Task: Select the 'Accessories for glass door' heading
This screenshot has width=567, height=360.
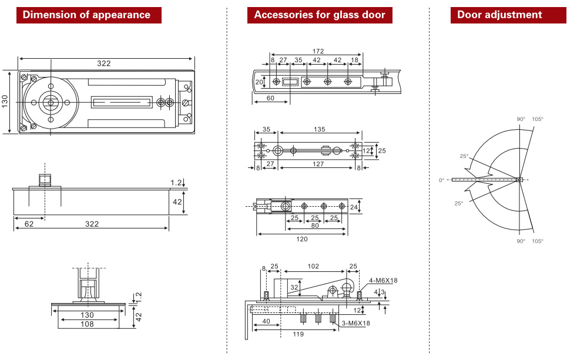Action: [320, 15]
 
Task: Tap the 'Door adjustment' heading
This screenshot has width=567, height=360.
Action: [499, 15]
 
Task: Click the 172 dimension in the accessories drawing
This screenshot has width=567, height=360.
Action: [318, 52]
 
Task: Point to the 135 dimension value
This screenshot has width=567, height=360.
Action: [320, 129]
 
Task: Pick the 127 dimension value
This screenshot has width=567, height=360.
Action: [318, 164]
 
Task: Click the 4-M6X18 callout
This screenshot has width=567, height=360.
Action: [384, 280]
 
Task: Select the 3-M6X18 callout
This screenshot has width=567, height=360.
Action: [356, 323]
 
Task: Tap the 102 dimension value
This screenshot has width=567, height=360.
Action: [313, 266]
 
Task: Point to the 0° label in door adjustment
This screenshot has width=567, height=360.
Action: [442, 180]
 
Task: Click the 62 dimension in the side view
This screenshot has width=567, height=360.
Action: [29, 224]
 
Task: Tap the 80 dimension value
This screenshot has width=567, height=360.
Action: [315, 226]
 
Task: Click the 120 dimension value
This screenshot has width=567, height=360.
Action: [301, 239]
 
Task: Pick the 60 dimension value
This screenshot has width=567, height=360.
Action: [270, 98]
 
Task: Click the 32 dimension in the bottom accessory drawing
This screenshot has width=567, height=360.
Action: [294, 287]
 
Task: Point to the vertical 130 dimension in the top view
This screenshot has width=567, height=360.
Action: [5, 102]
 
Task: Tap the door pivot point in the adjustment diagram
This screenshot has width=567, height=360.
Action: [519, 180]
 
